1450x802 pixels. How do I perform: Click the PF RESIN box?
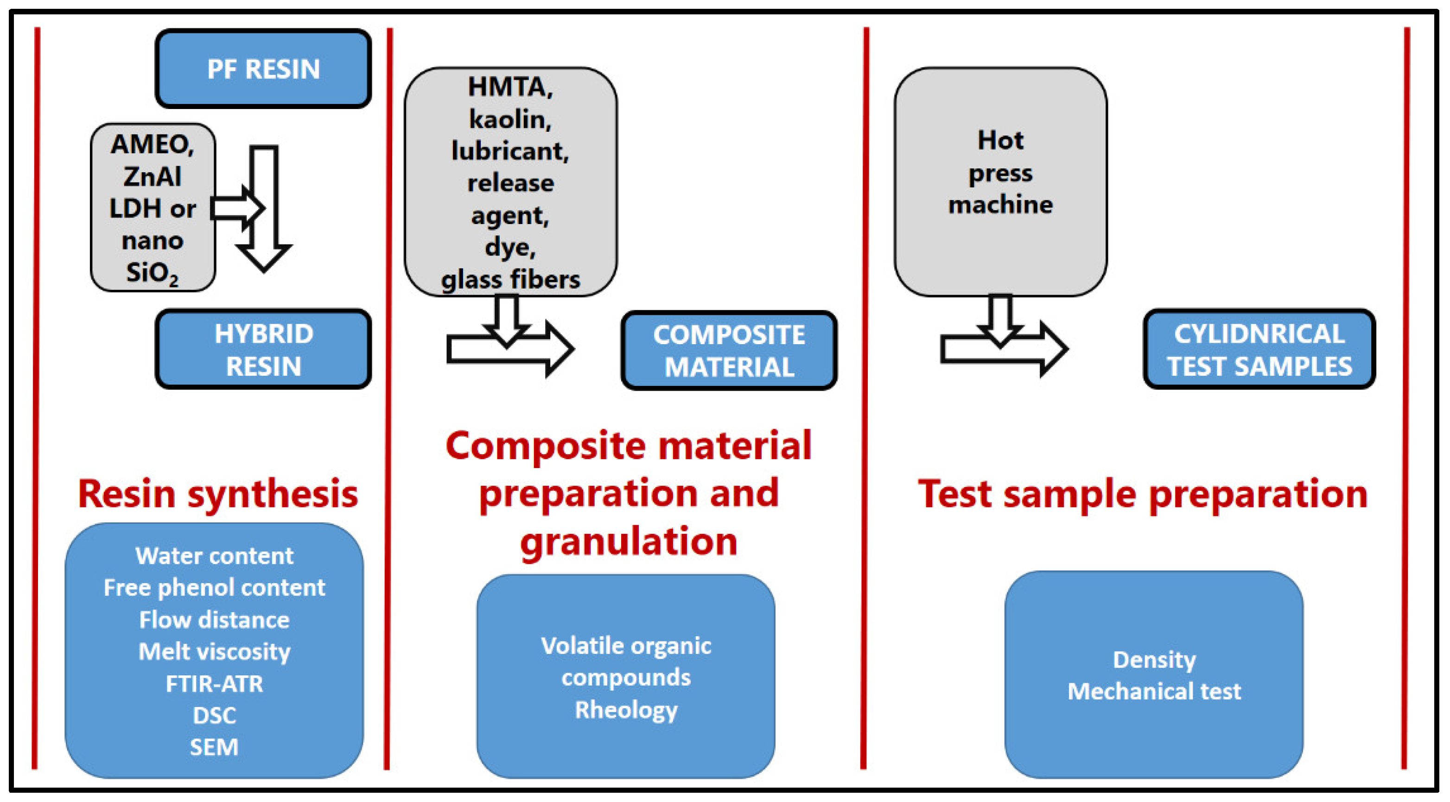click(x=263, y=69)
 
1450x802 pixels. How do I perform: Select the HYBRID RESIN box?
click(x=263, y=349)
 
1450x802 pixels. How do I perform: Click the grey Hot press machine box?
click(x=1000, y=181)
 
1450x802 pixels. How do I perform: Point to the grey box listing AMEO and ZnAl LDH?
click(x=153, y=207)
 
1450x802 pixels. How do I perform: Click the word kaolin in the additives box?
click(x=510, y=119)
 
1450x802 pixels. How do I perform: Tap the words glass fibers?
click(x=510, y=279)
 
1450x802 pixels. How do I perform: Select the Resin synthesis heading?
click(x=218, y=494)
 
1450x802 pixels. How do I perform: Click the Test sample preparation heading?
click(x=1143, y=494)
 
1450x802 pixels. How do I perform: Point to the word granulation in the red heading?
click(x=629, y=542)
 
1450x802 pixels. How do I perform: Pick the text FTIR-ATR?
click(x=215, y=684)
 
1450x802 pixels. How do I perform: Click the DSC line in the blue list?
click(x=215, y=715)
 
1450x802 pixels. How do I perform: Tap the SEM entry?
click(x=215, y=747)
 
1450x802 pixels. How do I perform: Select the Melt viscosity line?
click(x=215, y=652)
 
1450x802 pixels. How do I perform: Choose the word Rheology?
click(x=627, y=710)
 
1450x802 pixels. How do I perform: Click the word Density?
click(x=1154, y=660)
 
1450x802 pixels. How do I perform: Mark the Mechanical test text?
click(x=1154, y=691)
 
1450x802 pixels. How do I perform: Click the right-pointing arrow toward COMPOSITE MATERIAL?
click(x=510, y=349)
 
